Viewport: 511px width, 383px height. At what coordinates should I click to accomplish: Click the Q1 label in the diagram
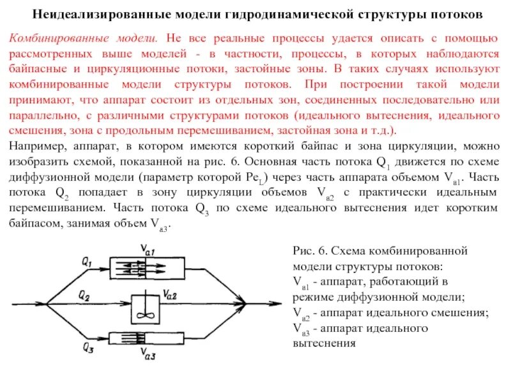[x=87, y=262]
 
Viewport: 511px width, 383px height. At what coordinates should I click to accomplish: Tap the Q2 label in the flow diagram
[x=84, y=294]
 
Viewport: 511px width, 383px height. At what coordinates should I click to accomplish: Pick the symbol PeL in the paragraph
[x=257, y=177]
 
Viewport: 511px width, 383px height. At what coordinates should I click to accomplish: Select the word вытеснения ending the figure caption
[x=323, y=343]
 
